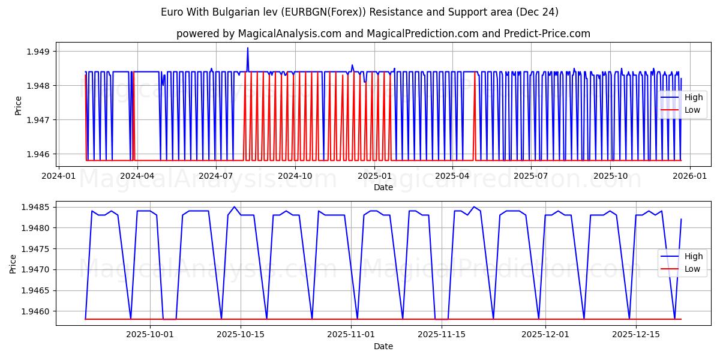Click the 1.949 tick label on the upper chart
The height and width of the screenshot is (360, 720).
tap(38, 52)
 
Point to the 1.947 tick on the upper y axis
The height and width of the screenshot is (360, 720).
tap(38, 120)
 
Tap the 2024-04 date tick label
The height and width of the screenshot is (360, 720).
tap(137, 176)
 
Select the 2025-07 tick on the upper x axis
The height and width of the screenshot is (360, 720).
tap(532, 176)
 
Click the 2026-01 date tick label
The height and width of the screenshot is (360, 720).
tap(689, 176)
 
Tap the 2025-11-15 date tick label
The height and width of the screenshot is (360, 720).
tap(442, 334)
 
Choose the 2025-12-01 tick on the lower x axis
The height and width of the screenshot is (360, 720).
tap(545, 334)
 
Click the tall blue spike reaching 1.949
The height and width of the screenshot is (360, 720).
tap(247, 49)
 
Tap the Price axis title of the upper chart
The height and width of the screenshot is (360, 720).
tap(18, 105)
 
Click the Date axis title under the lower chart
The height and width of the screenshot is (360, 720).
tap(383, 346)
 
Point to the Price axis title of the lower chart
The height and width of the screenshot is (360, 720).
tap(13, 263)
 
